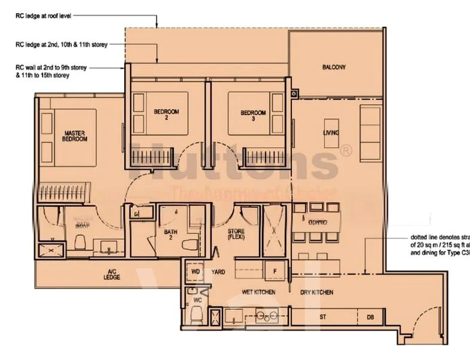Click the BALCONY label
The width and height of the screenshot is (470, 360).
[333, 67]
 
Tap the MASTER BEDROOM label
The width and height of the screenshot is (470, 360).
[74, 135]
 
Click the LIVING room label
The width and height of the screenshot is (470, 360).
[331, 133]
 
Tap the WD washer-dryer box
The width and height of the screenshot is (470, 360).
[195, 272]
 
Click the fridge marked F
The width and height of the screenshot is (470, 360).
[275, 271]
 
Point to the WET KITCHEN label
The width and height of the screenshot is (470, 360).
[258, 292]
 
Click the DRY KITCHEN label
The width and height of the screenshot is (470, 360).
[317, 292]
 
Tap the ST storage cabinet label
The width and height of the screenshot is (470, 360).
[323, 316]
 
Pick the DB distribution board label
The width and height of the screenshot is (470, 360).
[370, 316]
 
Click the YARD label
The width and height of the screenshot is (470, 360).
[218, 272]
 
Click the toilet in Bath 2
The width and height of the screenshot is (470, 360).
[191, 245]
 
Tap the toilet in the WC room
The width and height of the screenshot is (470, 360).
[197, 315]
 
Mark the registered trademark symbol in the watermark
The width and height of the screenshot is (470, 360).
[346, 151]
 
